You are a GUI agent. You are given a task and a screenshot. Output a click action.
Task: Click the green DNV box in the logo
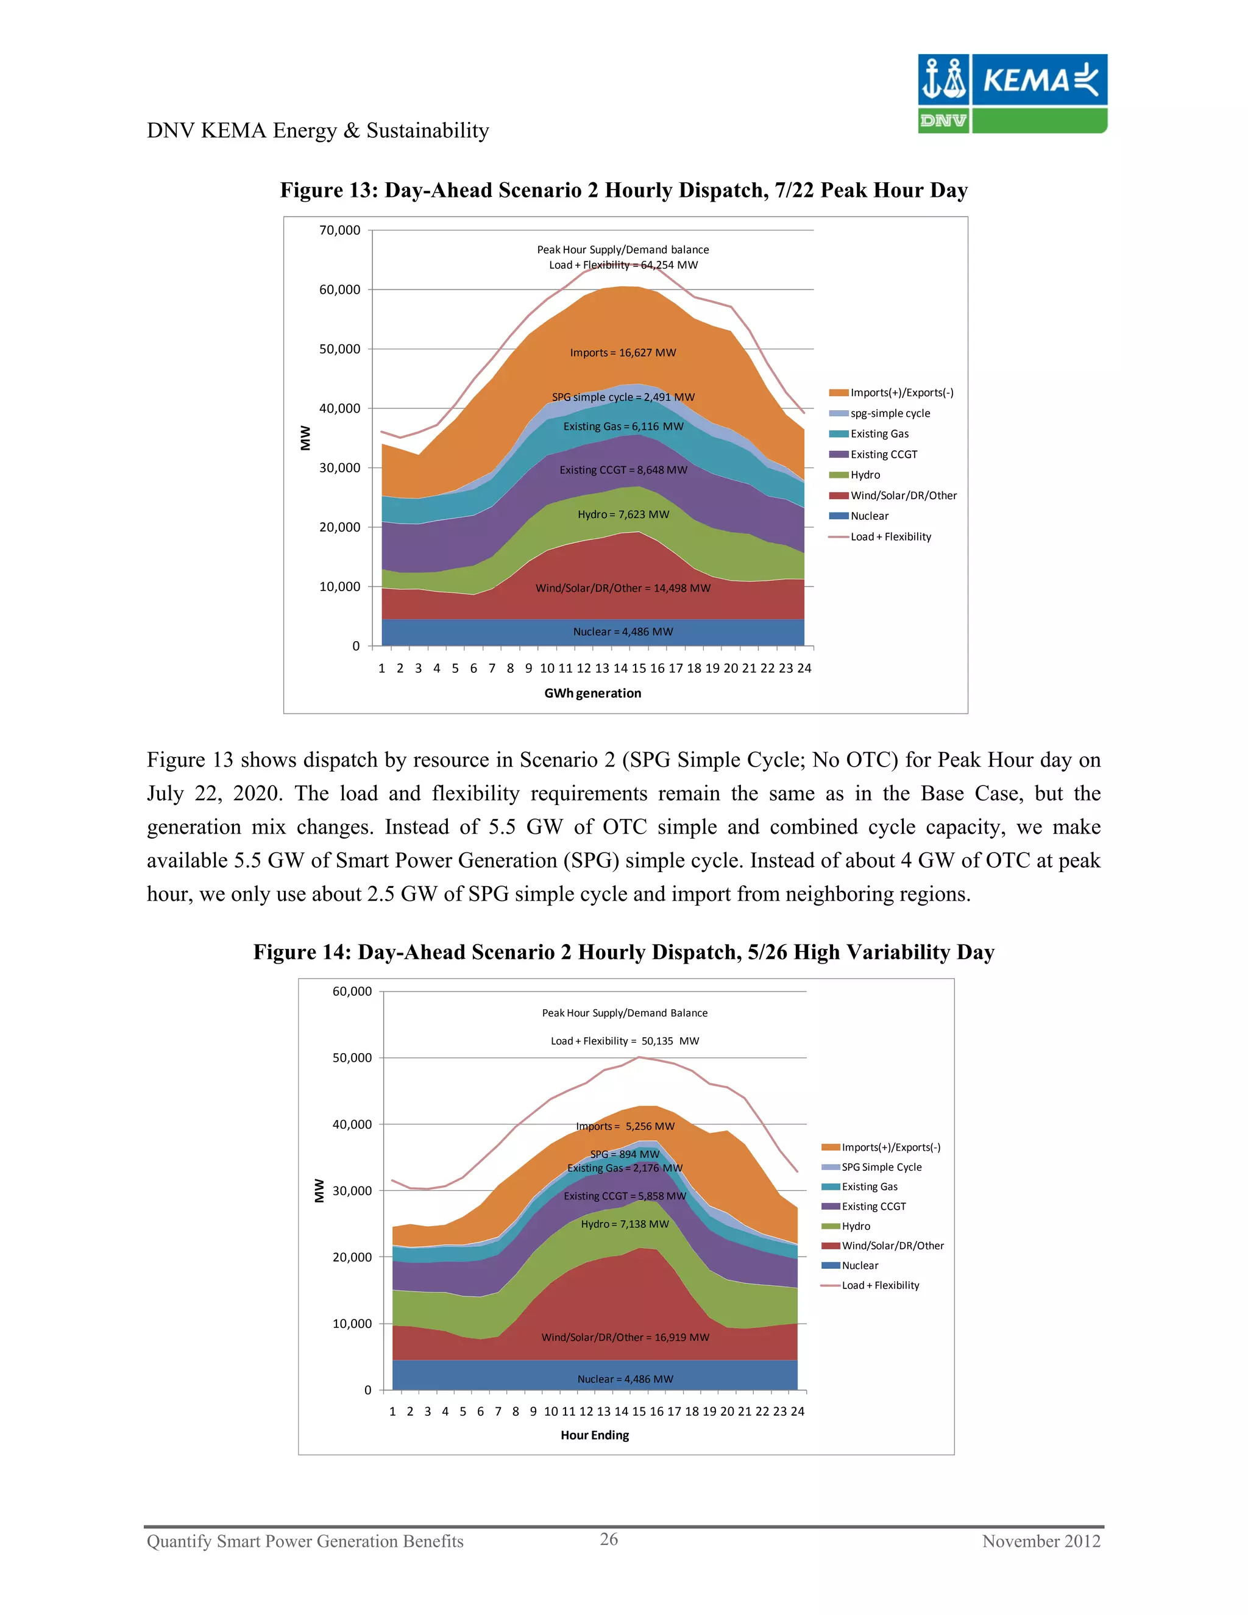tap(943, 121)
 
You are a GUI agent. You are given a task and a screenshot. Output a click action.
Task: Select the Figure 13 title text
tap(623, 190)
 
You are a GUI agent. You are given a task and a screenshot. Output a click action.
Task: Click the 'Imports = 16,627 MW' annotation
tap(623, 353)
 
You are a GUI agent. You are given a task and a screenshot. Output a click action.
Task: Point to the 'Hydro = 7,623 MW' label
tap(623, 514)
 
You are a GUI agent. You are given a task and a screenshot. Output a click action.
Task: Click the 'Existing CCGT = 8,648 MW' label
tap(623, 469)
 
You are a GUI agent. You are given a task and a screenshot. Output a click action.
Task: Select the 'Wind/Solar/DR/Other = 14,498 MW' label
tap(623, 588)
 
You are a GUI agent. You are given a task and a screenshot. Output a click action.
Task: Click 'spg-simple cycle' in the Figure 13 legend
tap(890, 413)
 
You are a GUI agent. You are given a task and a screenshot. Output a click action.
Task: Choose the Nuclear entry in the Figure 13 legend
tap(869, 516)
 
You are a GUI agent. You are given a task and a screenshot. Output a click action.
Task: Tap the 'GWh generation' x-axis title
tap(592, 693)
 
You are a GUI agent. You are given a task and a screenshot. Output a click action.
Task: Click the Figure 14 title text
tap(623, 952)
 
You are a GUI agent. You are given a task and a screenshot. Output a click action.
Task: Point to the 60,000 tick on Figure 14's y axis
tap(352, 991)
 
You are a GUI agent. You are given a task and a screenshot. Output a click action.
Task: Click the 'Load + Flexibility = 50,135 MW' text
tap(624, 1040)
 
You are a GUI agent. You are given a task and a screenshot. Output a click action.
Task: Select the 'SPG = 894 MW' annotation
tap(624, 1154)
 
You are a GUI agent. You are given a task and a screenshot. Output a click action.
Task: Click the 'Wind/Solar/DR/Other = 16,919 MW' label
tap(625, 1337)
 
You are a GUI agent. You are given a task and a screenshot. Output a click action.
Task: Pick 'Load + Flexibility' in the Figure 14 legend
tap(880, 1285)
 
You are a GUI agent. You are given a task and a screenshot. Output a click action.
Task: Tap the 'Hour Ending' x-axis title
tap(594, 1435)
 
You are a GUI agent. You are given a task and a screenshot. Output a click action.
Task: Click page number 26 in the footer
tap(609, 1539)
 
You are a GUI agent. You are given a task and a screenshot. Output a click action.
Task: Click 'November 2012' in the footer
tap(1040, 1541)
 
